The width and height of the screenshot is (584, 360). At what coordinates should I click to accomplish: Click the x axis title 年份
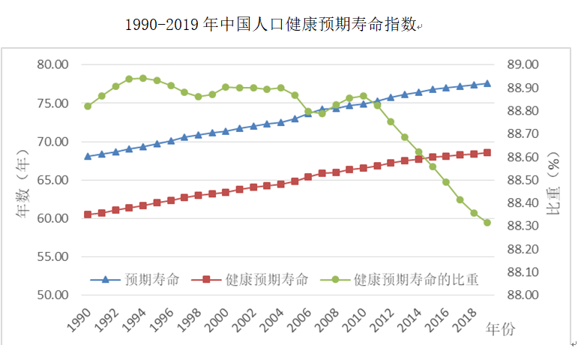(x=501, y=328)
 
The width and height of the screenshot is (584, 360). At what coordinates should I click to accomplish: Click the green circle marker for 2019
(x=487, y=222)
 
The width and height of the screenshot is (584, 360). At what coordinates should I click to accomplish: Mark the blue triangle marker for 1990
(x=88, y=156)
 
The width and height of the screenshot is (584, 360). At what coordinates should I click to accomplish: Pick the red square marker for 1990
(x=88, y=214)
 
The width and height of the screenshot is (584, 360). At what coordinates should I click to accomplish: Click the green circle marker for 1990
(x=88, y=106)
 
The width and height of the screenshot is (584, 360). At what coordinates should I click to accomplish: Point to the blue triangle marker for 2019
(x=487, y=83)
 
